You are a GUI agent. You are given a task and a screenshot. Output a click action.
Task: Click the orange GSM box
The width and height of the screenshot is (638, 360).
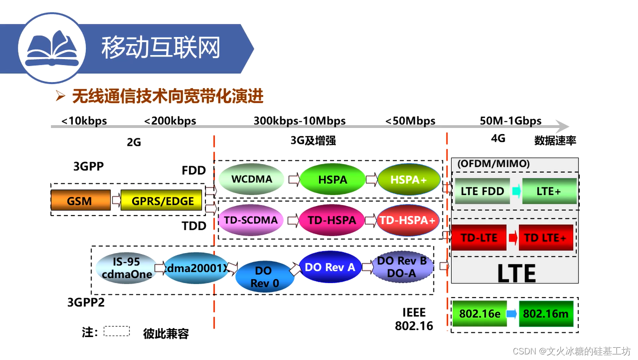(80, 201)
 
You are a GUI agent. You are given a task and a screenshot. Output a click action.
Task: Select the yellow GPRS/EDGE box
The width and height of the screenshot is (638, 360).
(161, 201)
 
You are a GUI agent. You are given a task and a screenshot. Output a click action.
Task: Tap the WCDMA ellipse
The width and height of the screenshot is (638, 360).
(252, 179)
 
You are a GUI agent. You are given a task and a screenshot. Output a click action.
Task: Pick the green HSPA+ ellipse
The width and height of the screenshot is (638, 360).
(409, 180)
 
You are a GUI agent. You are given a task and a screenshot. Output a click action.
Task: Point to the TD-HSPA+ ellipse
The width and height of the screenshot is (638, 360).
(407, 220)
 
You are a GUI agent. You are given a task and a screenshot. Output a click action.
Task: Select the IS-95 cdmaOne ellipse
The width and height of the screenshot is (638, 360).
(126, 268)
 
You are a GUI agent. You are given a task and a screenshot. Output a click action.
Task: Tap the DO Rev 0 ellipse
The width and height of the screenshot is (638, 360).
(264, 277)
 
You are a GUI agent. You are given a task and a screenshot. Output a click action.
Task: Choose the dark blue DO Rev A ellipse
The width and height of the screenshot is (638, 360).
(330, 267)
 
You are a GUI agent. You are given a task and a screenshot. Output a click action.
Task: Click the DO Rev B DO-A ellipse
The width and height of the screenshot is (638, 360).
(402, 267)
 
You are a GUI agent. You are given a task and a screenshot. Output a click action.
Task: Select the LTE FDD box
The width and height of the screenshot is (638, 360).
(482, 191)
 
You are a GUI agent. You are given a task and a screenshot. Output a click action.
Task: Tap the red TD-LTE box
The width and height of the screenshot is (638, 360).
(478, 237)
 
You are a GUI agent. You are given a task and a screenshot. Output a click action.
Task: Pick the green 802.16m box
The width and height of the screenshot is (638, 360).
(546, 314)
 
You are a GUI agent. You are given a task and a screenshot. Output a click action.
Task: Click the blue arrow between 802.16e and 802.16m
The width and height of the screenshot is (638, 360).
(512, 314)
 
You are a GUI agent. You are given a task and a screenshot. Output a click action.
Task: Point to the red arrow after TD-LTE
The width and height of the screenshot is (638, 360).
(513, 238)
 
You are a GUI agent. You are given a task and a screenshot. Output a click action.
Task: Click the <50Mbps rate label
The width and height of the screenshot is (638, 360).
(410, 121)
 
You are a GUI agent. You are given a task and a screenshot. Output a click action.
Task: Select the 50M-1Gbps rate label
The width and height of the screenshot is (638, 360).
(510, 120)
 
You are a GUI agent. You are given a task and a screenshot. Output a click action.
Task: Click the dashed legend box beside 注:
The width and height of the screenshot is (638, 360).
(116, 331)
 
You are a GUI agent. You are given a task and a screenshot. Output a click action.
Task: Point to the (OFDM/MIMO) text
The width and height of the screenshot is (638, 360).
(493, 164)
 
